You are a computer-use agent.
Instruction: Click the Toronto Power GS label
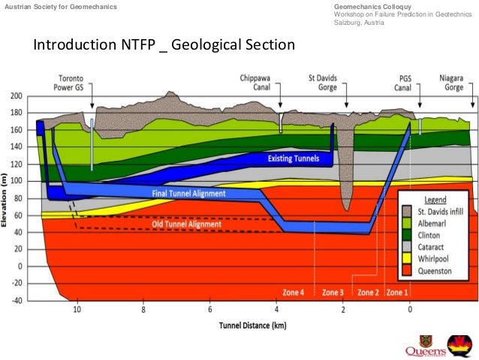(x=78, y=81)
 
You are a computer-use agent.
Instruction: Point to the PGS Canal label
(x=410, y=81)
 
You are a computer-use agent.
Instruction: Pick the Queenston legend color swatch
(x=407, y=268)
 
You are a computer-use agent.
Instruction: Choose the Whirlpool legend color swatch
(x=407, y=256)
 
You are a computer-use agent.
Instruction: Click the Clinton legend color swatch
(x=407, y=233)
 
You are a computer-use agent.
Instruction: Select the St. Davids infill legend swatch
(x=407, y=210)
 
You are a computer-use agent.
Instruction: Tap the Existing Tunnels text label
(x=293, y=159)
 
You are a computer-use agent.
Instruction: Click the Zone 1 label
(x=396, y=292)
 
